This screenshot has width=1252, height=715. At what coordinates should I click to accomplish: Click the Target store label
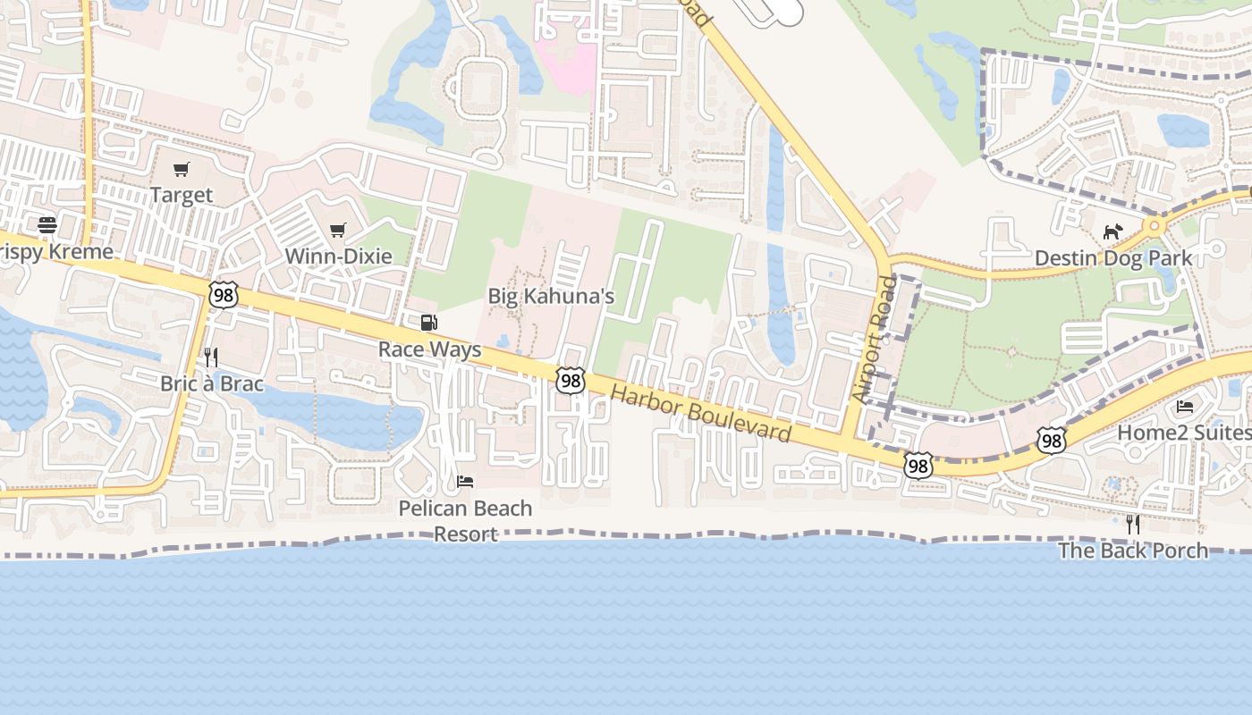182,195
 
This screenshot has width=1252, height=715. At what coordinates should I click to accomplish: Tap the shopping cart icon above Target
182,169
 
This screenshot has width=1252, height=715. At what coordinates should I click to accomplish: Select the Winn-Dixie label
338,257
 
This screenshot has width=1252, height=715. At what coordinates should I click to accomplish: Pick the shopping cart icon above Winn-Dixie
338,231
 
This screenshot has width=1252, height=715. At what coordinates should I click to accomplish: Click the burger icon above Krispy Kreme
47,224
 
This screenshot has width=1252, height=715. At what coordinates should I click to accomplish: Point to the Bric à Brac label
212,384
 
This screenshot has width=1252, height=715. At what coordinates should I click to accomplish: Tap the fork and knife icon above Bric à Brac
211,357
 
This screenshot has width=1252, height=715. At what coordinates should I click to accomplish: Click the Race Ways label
429,349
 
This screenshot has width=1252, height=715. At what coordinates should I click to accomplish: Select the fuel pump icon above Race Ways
429,323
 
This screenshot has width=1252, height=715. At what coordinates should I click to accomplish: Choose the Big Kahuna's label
551,296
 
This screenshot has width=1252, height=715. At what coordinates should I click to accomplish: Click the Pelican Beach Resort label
465,521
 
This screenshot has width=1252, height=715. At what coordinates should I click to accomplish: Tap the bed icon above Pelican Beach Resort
465,482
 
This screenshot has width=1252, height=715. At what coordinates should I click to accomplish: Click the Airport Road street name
875,338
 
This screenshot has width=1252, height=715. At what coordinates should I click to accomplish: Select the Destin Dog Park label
1112,258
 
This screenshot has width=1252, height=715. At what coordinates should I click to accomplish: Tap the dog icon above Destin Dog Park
1112,232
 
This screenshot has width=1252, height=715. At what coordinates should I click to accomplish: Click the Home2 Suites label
1184,433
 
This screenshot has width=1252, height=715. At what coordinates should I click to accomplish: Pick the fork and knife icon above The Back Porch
1132,524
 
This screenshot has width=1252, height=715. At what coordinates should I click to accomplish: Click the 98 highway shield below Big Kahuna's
570,381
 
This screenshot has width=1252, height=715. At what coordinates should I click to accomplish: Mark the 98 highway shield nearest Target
224,294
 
